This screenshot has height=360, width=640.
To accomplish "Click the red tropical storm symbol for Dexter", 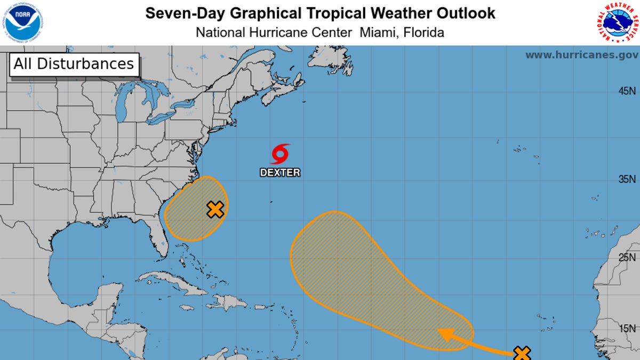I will [x=280, y=154].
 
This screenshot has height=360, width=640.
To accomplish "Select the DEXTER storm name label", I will [x=280, y=173].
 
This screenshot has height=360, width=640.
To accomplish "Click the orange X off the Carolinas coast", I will [x=215, y=210].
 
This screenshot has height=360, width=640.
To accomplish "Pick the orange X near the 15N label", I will [x=522, y=353].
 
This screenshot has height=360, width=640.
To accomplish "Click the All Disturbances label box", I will [x=74, y=64].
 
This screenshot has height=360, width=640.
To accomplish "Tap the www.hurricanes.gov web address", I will [x=582, y=55].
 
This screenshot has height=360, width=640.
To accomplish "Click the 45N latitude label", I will [x=627, y=91].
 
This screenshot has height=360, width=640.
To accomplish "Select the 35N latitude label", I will [x=627, y=180].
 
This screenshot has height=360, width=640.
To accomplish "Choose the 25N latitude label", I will [x=627, y=258].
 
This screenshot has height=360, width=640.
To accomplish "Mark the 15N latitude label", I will [x=627, y=329].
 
